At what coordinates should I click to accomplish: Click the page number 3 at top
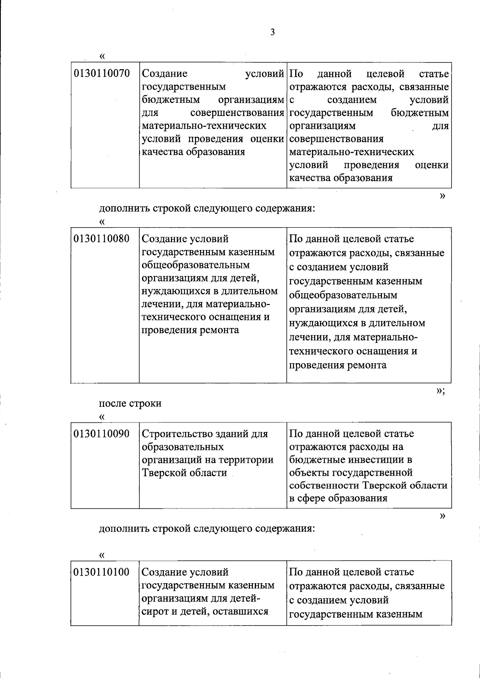coord(272,33)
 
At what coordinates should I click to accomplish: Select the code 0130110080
coord(102,239)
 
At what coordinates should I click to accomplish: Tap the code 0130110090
coord(102,434)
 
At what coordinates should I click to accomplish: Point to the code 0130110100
coord(102,572)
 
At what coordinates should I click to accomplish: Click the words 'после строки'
coord(130,403)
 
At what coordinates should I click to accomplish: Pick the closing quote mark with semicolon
coord(440,391)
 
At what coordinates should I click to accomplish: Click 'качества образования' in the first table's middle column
coord(194,152)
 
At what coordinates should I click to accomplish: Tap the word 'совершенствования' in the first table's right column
coord(336,139)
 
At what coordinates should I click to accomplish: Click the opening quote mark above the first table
coord(102,56)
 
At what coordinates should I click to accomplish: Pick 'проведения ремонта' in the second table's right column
coord(338,365)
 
